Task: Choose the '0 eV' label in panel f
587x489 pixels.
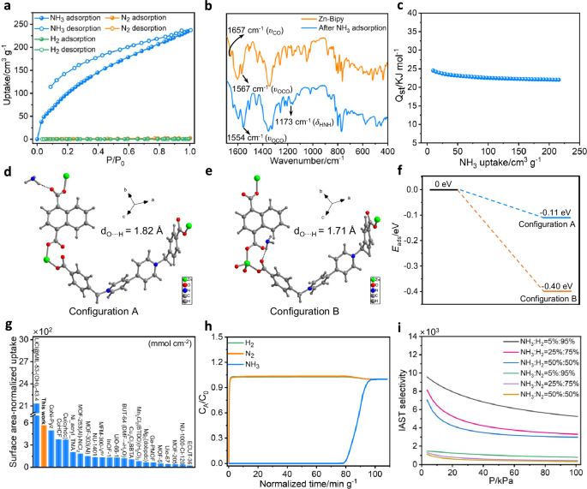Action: point(442,182)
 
